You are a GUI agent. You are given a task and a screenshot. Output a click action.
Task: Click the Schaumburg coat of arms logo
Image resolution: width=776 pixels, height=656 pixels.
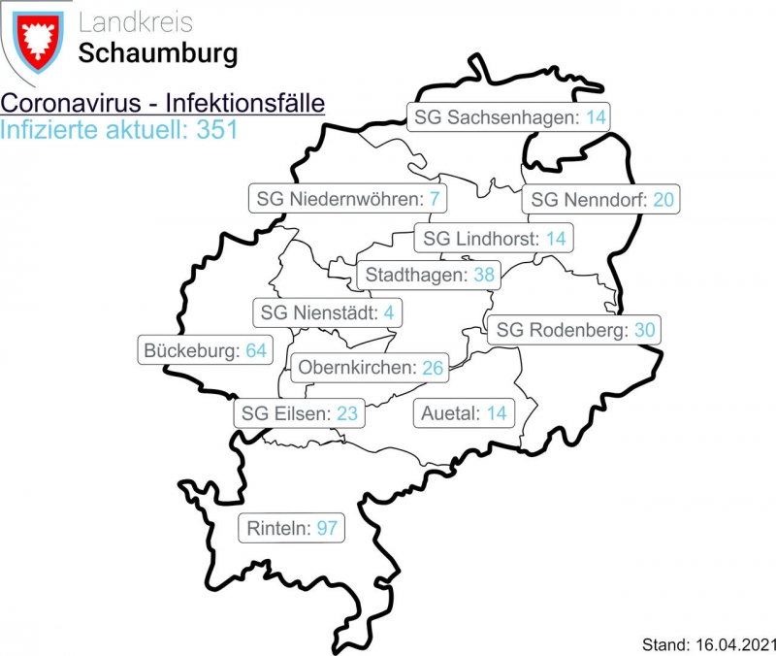37,41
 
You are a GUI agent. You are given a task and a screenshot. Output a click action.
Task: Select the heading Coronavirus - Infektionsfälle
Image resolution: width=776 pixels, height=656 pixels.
162,104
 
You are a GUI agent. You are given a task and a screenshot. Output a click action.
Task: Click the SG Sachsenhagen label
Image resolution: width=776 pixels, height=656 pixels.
509,117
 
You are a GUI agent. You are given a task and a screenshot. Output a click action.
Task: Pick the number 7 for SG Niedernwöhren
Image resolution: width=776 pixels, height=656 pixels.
436,200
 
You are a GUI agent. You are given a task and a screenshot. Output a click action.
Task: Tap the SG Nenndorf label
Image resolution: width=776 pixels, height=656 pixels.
601,200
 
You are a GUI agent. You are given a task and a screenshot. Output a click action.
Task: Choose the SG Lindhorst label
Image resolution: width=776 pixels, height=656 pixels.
494,238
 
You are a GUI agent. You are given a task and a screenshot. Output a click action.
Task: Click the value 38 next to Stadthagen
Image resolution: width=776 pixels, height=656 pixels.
483,275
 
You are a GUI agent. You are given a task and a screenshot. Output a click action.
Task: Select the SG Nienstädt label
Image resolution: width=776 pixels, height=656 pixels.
327,313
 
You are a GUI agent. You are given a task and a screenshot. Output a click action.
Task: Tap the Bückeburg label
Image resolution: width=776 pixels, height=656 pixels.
204,349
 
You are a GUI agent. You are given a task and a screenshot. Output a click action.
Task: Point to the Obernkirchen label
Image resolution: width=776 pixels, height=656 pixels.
370,367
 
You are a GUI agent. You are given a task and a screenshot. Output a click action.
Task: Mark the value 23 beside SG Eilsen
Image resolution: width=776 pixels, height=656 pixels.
347,413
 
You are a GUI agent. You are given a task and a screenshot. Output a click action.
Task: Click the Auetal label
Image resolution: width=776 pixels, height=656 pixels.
464,413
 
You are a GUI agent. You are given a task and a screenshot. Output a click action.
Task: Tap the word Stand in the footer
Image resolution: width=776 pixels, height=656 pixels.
663,643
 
